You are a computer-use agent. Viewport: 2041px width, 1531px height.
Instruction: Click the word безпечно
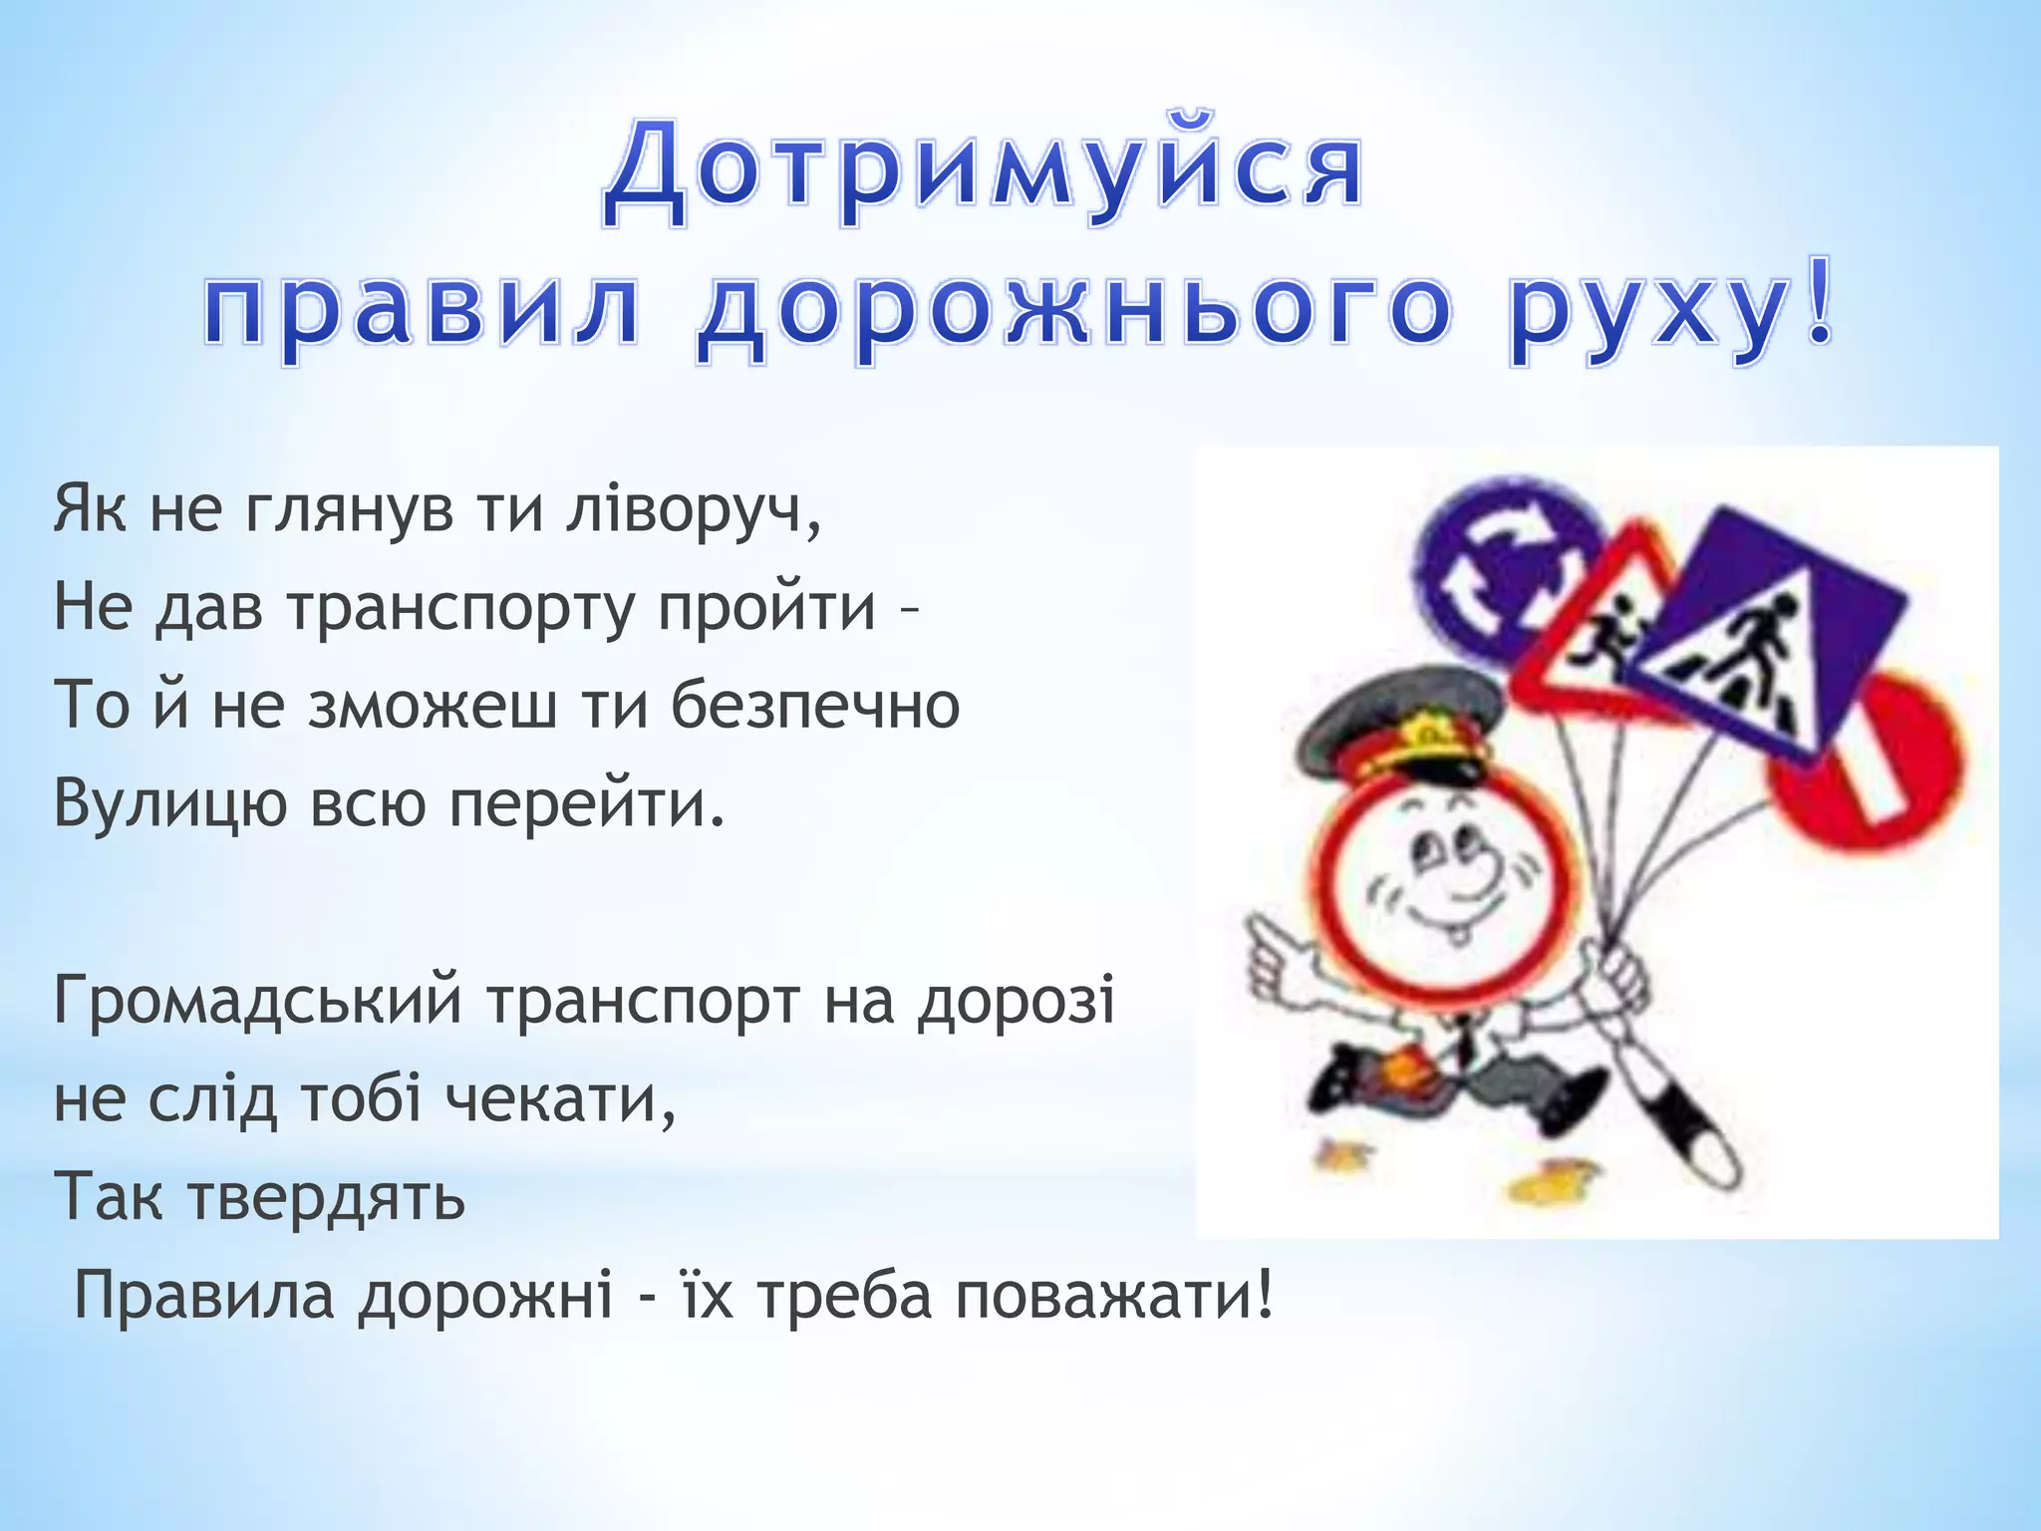coord(814,705)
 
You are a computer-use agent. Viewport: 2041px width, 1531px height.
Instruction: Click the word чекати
coord(558,1098)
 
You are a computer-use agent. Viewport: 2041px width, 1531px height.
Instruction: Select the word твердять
coord(327,1196)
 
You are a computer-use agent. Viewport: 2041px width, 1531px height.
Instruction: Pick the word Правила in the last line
coord(204,1296)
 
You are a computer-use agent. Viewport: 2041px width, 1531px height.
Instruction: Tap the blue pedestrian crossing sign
coord(1764,638)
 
